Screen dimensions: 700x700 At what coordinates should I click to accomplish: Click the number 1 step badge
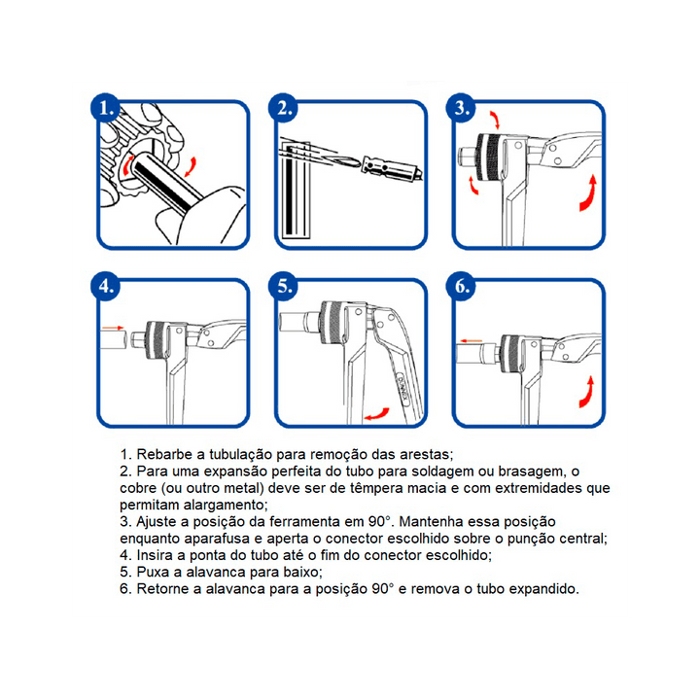[x=105, y=108]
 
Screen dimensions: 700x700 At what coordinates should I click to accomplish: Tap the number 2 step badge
[x=283, y=108]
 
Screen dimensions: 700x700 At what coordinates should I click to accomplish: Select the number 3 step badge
[x=461, y=108]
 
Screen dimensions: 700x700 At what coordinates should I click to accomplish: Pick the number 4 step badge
[x=105, y=286]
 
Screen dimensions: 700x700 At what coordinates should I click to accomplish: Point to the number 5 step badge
[x=283, y=286]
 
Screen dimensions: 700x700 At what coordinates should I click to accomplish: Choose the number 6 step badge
[x=461, y=286]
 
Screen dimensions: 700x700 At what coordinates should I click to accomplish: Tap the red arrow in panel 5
[x=377, y=415]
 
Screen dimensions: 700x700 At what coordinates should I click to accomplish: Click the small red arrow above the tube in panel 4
[x=113, y=328]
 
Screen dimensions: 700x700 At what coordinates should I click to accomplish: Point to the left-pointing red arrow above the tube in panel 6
[x=471, y=340]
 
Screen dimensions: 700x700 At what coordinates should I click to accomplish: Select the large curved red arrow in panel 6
[x=587, y=393]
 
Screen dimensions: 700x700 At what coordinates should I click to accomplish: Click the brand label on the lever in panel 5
[x=402, y=389]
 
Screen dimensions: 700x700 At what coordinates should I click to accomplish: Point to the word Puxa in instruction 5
[x=153, y=573]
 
